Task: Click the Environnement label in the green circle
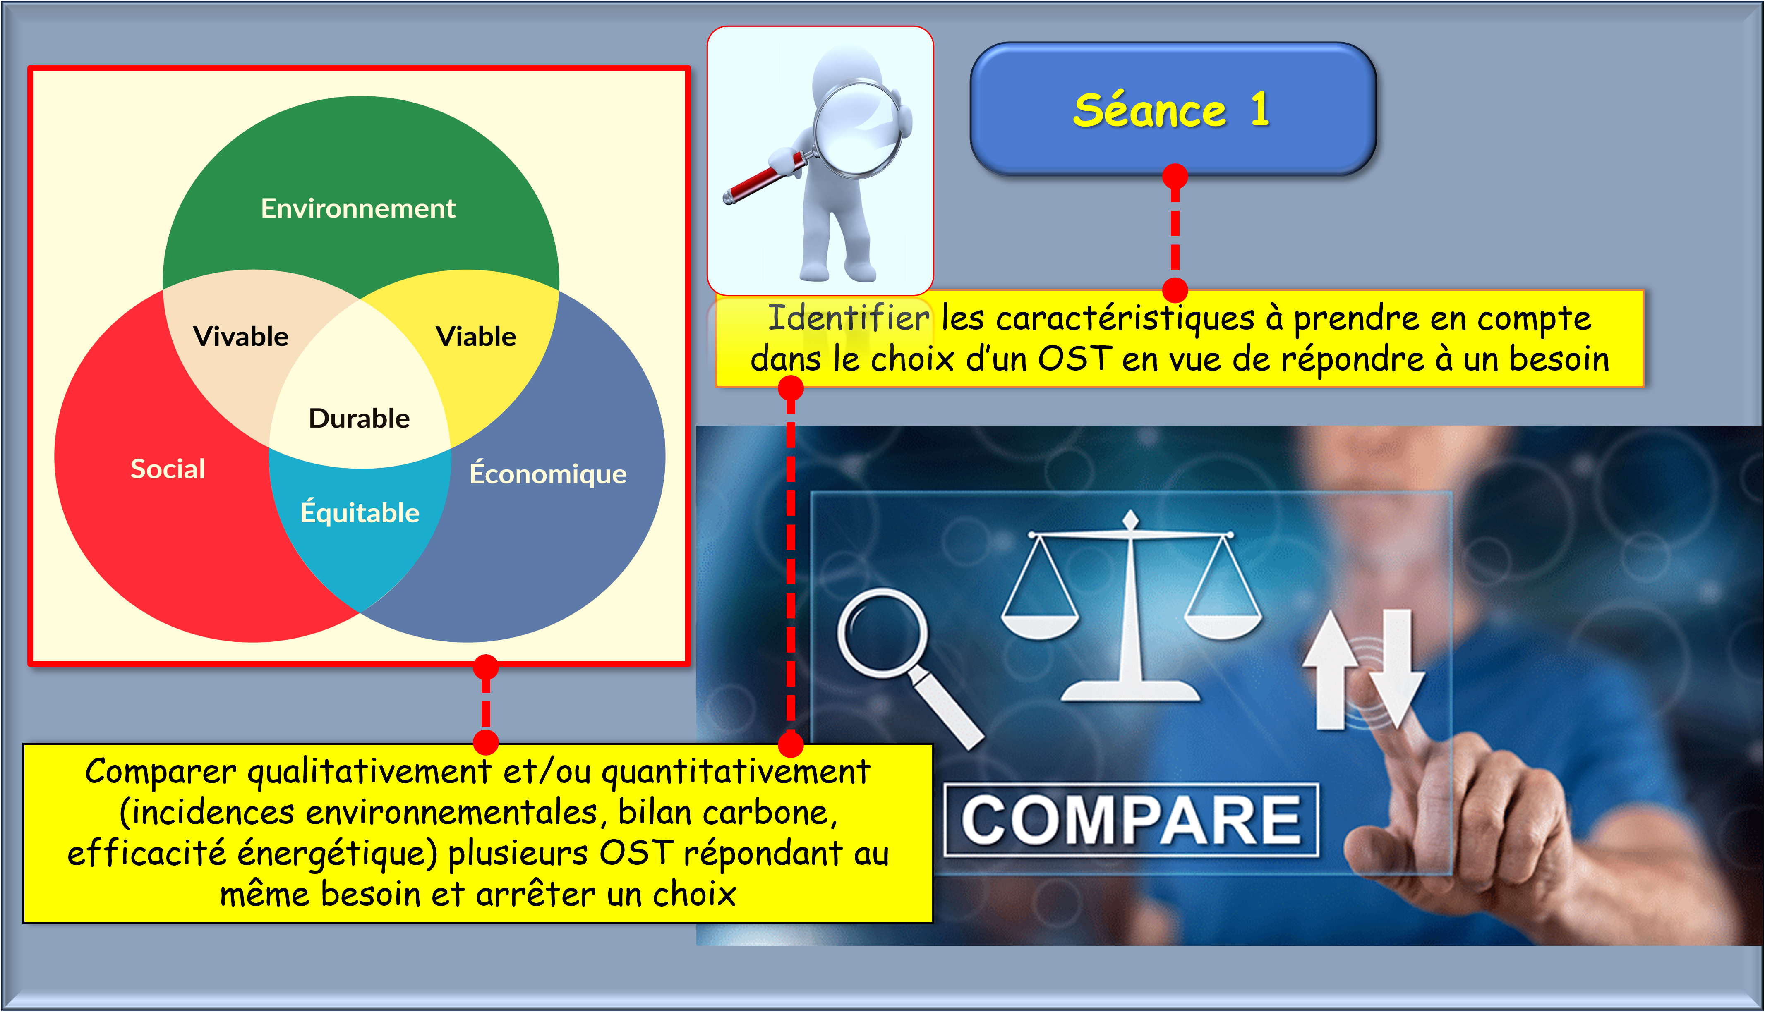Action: click(x=358, y=208)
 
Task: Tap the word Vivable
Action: click(x=240, y=336)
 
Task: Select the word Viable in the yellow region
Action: click(x=476, y=336)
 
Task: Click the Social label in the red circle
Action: click(x=168, y=469)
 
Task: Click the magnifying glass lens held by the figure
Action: click(x=859, y=129)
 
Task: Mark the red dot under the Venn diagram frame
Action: click(x=485, y=667)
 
